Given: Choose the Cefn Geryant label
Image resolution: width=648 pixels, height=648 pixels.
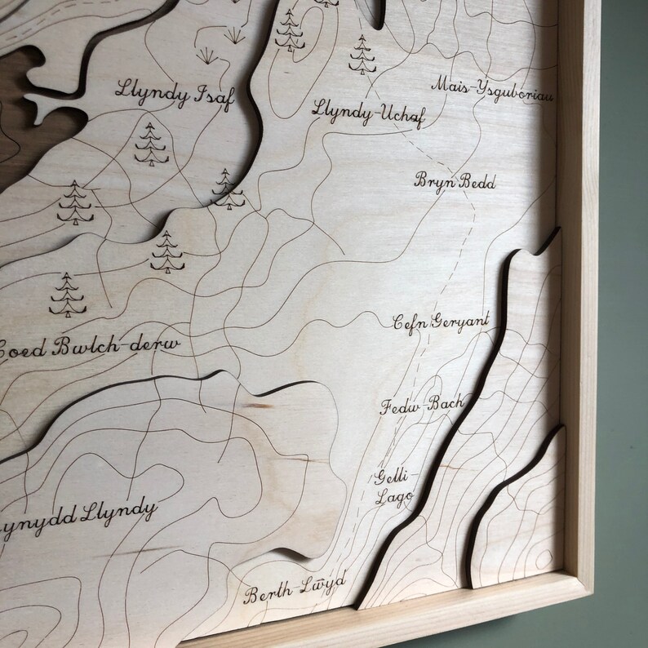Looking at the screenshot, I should (441, 322).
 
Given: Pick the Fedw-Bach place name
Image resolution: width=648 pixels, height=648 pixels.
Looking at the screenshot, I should (422, 404).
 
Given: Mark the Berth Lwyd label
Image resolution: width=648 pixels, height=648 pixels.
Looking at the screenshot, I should (295, 589).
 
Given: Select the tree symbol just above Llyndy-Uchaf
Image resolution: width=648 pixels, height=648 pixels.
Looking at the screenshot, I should (359, 53).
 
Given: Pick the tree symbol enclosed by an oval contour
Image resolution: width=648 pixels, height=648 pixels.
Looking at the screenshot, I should (288, 30).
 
